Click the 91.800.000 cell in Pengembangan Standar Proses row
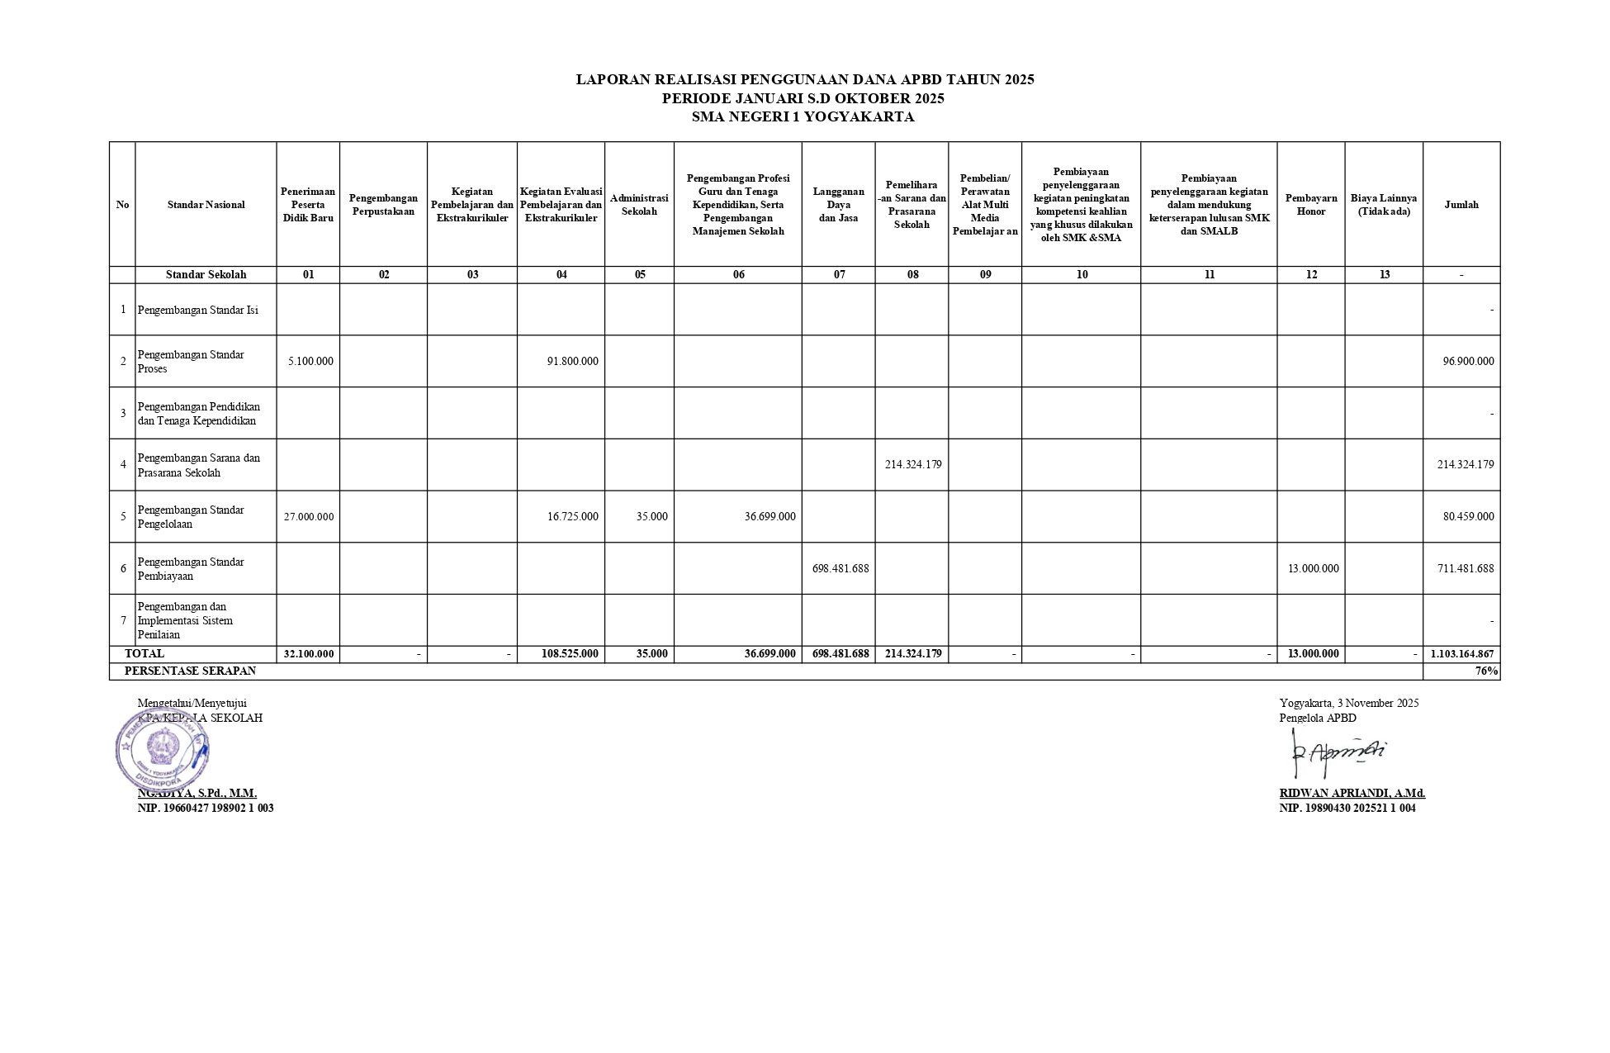(572, 361)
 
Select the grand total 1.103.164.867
(1461, 654)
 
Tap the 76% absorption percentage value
(1486, 671)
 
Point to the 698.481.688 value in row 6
(841, 568)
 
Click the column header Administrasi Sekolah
(639, 205)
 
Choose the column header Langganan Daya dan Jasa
(838, 205)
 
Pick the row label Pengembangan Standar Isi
(198, 310)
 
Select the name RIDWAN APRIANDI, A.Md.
(1352, 793)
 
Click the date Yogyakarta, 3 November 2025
(1349, 703)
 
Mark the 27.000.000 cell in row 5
(309, 517)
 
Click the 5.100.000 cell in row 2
(310, 361)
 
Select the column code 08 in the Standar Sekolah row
(912, 275)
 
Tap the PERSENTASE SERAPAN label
(190, 671)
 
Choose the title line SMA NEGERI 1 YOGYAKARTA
(803, 117)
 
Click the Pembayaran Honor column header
(1310, 205)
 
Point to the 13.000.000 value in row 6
(1313, 568)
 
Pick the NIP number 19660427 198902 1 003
(206, 808)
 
